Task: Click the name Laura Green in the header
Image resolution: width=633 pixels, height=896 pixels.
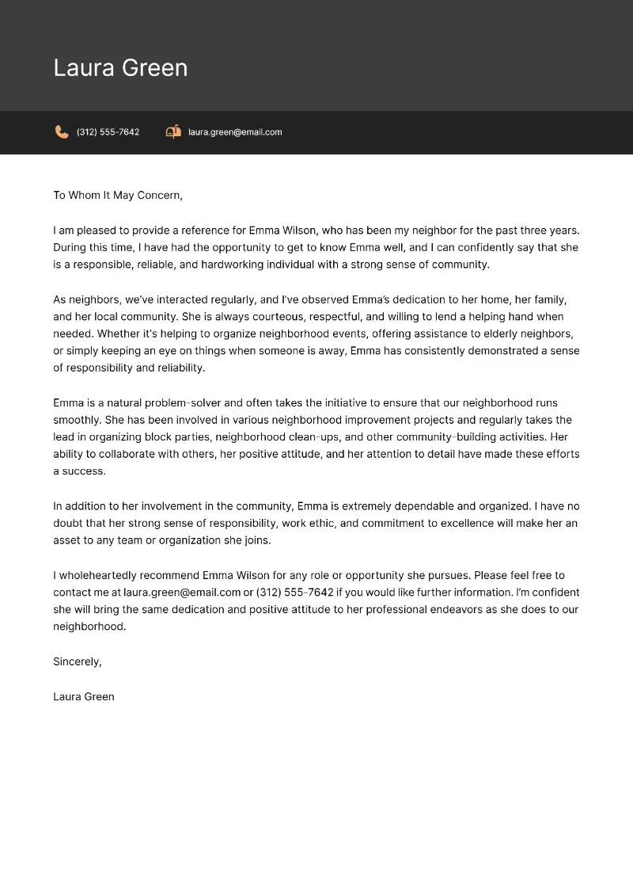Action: tap(120, 68)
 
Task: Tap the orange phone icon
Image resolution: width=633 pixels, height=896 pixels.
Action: tap(61, 132)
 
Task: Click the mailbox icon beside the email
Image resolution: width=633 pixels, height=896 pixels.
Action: tap(173, 132)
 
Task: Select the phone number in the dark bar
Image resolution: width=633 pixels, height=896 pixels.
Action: tap(108, 132)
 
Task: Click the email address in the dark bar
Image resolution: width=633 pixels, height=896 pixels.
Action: tap(235, 132)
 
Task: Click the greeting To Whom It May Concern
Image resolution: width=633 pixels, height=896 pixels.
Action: tap(118, 195)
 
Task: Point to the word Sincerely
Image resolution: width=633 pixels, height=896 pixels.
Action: tap(77, 662)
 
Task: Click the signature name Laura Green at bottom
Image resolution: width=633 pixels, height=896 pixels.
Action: tap(84, 696)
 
